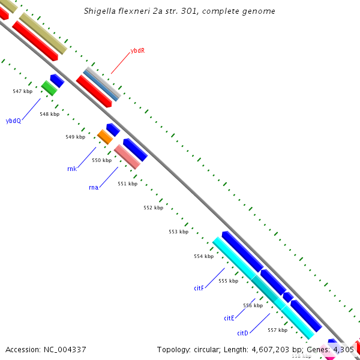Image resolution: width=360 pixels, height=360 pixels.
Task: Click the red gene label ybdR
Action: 138,51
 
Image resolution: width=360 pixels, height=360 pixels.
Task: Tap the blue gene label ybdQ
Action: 13,121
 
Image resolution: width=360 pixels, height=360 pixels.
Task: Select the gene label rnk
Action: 72,169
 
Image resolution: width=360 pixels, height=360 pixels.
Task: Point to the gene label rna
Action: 93,188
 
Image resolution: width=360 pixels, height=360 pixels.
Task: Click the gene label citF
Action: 199,289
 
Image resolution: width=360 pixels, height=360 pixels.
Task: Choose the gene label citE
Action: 229,318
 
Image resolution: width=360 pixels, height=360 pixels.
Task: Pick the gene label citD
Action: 242,333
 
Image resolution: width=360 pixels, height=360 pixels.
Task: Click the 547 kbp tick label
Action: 22,91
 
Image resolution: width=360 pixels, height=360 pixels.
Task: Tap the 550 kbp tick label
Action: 101,160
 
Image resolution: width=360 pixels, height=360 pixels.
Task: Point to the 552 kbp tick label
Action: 153,208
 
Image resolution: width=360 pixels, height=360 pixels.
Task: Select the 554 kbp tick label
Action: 203,256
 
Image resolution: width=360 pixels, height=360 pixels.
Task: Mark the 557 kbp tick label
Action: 277,330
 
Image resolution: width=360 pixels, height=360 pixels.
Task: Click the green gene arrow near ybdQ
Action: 49,88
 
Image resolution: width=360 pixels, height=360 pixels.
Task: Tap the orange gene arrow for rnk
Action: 105,137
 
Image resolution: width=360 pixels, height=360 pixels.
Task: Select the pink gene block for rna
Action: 127,156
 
